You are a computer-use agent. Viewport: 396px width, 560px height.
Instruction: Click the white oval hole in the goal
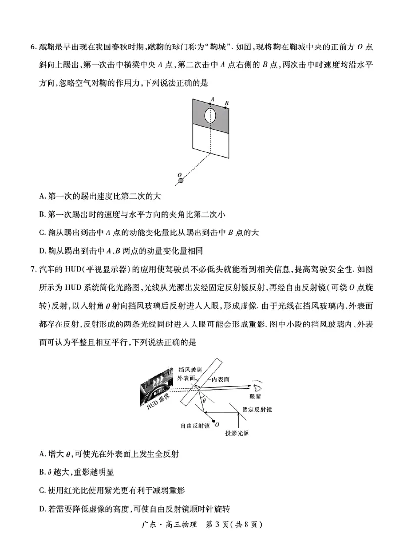pyautogui.click(x=211, y=116)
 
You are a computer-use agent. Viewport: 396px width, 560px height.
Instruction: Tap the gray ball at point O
pyautogui.click(x=181, y=181)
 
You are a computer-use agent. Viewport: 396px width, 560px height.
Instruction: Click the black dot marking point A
pyautogui.click(x=211, y=104)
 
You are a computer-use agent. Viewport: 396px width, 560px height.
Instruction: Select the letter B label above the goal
pyautogui.click(x=227, y=103)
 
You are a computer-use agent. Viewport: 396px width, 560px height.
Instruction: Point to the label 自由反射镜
pyautogui.click(x=197, y=425)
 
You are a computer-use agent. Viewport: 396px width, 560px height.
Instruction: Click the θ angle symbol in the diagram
pyautogui.click(x=203, y=400)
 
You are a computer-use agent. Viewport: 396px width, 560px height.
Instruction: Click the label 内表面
pyautogui.click(x=220, y=379)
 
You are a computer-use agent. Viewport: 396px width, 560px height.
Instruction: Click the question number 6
pyautogui.click(x=33, y=47)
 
